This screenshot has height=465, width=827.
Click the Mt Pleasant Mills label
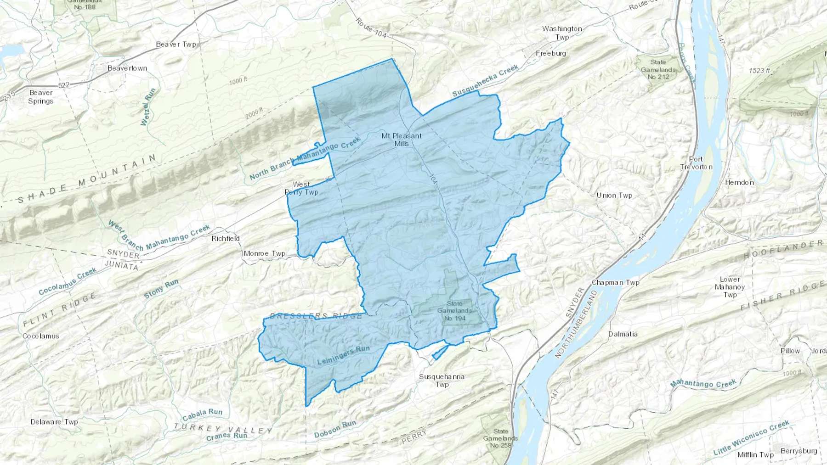point(401,140)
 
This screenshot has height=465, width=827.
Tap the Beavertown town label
point(127,68)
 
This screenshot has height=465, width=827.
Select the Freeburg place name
point(551,53)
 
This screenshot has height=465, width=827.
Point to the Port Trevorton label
point(696,163)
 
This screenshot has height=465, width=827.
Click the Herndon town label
point(739,182)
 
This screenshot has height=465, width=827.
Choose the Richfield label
point(226,239)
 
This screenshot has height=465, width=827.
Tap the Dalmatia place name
point(623,334)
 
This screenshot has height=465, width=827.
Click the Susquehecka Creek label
point(485,80)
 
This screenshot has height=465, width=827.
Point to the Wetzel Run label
point(148,107)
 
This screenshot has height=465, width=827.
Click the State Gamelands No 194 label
point(454,311)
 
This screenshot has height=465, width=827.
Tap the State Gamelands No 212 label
point(658,69)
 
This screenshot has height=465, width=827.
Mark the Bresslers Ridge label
point(316,316)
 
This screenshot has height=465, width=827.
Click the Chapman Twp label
point(615,282)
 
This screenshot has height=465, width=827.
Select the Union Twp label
point(614,195)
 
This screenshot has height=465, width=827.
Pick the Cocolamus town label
point(41,336)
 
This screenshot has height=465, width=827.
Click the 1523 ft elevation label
point(759,71)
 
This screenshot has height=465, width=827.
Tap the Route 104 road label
point(371,28)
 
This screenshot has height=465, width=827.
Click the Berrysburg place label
point(799,451)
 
